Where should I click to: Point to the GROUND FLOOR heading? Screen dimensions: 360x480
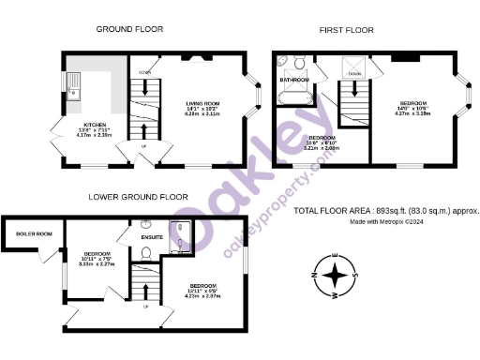128,30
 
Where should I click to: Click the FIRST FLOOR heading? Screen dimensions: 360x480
348,30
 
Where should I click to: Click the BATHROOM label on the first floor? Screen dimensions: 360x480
294,81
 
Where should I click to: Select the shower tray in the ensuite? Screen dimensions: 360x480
179,232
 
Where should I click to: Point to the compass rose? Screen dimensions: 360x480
336,276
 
